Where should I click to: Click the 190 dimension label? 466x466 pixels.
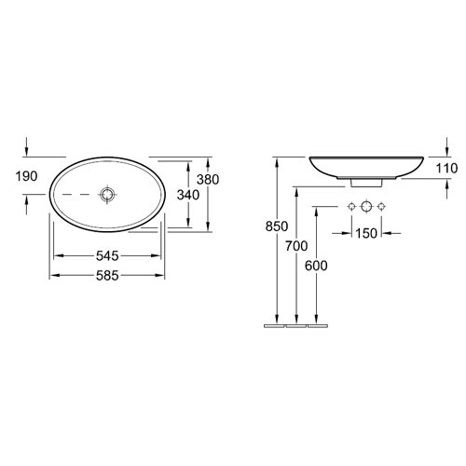coord(26,176)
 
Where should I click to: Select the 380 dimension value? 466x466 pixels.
coord(208,180)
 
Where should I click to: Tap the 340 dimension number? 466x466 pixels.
coord(188,195)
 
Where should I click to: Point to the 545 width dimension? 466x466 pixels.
coord(107,255)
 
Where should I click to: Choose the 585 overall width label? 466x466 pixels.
coord(107,276)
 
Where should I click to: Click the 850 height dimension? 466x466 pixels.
coord(277,226)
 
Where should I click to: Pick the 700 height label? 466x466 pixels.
coord(296,246)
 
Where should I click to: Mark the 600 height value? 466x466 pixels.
coord(316,266)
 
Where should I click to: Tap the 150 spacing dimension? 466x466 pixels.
coord(366,233)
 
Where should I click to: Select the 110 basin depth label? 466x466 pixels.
coord(447,169)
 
